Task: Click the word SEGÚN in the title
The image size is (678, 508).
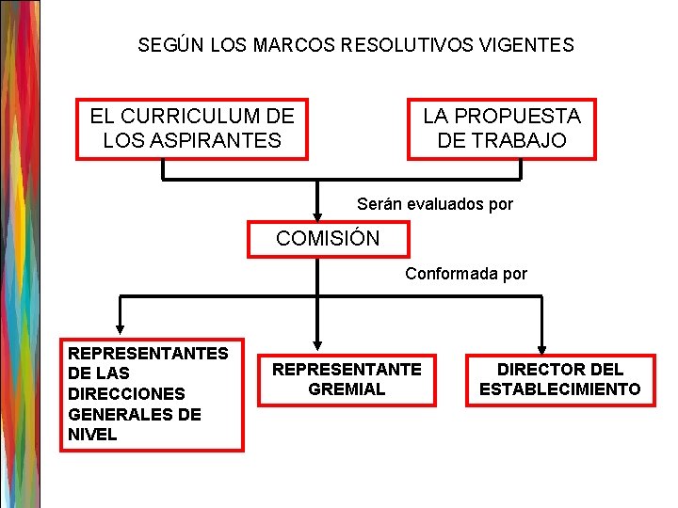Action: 165,44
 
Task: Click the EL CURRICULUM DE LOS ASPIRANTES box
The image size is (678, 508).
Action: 192,129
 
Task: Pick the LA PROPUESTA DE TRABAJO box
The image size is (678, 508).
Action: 502,129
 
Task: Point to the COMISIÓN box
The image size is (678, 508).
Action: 329,238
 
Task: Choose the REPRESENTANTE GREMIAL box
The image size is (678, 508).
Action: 347,378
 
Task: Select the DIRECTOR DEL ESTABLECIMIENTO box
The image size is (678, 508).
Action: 560,378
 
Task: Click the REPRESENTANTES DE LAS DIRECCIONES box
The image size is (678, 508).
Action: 152,394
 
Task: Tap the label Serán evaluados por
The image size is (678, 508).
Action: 435,203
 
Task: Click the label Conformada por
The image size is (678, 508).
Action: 466,274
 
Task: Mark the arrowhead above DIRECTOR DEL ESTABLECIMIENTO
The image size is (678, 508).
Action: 543,342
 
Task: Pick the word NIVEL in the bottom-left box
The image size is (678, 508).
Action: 92,435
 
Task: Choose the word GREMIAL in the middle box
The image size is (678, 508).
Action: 347,389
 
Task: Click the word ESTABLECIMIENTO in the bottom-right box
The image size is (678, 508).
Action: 560,389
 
